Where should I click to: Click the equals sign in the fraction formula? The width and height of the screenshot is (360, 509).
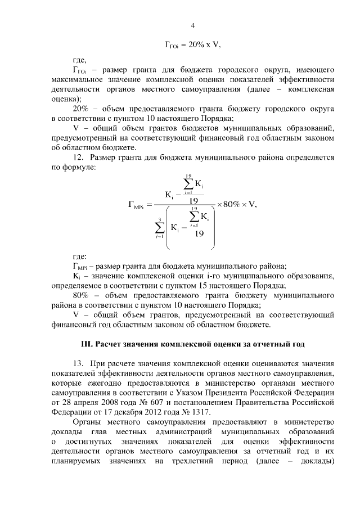pos(144,205)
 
